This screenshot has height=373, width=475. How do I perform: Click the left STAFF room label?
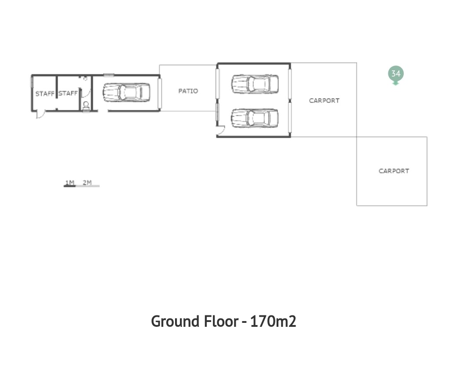coord(45,94)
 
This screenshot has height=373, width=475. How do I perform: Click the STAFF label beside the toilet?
coord(68,93)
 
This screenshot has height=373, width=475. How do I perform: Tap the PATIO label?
coord(188,91)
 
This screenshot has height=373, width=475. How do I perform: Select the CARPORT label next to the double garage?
coord(324,101)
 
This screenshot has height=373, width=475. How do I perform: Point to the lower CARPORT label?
coord(394,171)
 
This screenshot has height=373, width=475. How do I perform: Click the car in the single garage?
coord(126,92)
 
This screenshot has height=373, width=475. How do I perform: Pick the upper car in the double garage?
coord(255,84)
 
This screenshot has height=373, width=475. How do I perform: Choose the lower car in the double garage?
coord(255,118)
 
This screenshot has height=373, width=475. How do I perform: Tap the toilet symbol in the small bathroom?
coord(86,106)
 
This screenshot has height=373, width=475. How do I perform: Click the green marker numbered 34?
coord(396,74)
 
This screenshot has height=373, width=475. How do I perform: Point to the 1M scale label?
coord(70,183)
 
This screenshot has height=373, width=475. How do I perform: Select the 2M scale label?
coord(87,183)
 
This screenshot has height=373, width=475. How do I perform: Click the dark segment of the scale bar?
coord(69,186)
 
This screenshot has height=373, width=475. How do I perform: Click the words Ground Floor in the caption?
coord(194,321)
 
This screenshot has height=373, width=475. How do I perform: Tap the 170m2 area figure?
coord(273,321)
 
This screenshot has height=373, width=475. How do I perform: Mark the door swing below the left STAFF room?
coord(40,114)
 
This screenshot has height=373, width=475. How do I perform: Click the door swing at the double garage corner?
coord(221,130)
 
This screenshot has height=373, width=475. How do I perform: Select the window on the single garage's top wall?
coord(109,75)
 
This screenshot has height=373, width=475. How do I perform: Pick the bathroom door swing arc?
coord(87,92)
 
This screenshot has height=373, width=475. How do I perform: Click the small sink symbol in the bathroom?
coord(85,78)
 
